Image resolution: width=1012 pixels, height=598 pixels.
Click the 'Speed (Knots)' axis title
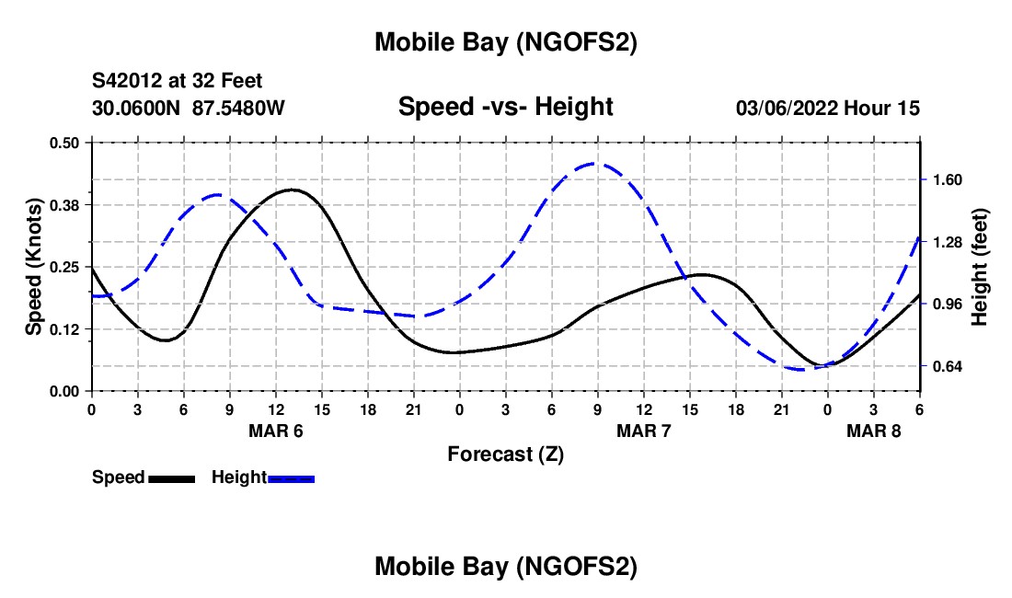point(34,267)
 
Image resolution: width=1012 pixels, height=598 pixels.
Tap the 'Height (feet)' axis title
point(980,267)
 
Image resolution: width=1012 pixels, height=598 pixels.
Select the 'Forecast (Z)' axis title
point(505,454)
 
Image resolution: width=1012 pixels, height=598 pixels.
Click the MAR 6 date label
point(276,431)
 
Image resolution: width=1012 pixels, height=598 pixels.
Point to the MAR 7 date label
point(644,431)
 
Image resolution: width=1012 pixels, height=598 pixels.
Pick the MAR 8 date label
point(874,431)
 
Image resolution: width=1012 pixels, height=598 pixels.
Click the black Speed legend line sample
point(171,477)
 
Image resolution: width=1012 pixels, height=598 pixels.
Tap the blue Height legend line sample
point(291,477)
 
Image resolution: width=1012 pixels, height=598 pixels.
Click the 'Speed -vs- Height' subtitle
point(505,108)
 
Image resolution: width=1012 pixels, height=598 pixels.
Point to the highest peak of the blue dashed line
point(594,164)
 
